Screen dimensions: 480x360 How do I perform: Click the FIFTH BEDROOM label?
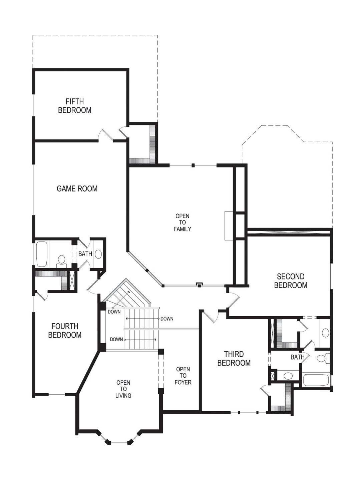click(x=75, y=106)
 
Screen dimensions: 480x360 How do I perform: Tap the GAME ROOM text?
click(x=77, y=188)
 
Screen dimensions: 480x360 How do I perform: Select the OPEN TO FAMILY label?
click(x=183, y=222)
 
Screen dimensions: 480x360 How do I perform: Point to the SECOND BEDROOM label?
click(x=291, y=281)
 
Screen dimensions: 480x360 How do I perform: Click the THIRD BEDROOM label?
click(x=234, y=359)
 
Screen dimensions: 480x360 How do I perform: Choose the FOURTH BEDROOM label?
click(x=65, y=331)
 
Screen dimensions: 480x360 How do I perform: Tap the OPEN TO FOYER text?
click(x=183, y=376)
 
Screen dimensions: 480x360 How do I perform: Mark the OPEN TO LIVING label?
click(x=123, y=389)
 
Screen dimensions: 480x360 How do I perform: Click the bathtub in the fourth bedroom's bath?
click(x=42, y=254)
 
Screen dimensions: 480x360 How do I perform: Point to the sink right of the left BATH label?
click(x=98, y=254)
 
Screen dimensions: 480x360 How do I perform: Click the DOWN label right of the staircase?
click(x=167, y=319)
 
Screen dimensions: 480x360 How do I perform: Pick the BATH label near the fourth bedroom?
click(x=85, y=254)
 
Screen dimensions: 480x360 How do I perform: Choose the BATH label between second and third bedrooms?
click(x=297, y=357)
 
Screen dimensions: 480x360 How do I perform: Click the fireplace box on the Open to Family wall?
click(x=229, y=225)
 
